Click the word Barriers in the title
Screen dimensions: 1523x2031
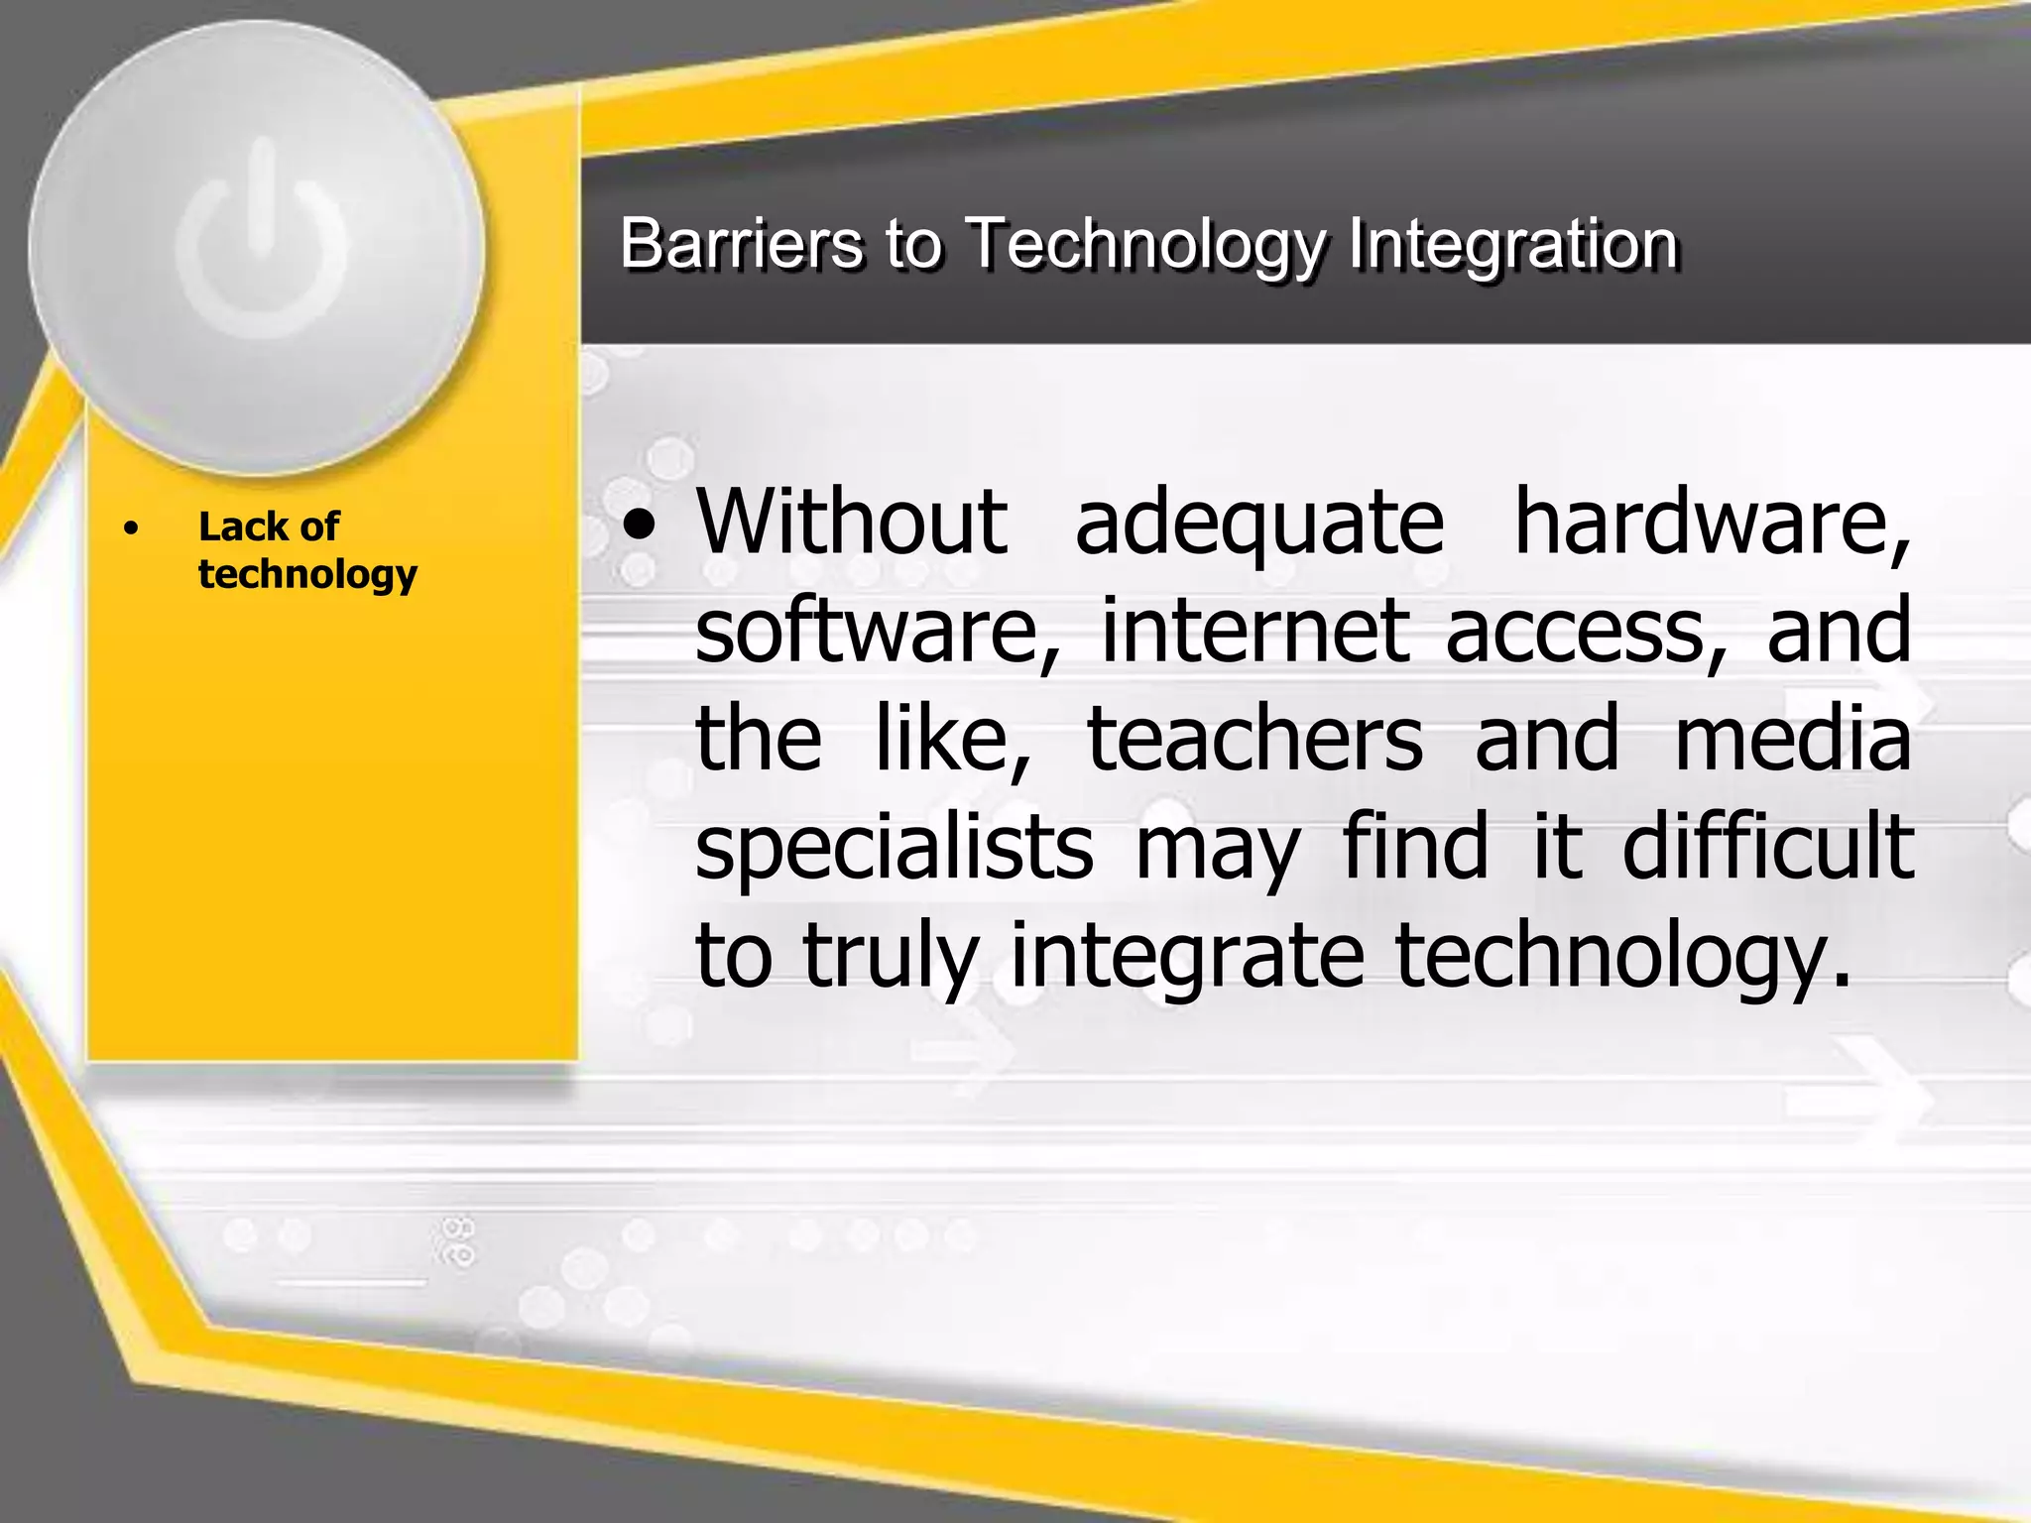(741, 243)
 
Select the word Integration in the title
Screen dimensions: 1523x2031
(1512, 243)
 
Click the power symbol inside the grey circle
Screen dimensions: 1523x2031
(262, 240)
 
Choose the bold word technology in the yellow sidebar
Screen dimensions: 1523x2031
(307, 574)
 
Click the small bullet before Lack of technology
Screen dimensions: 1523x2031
(131, 528)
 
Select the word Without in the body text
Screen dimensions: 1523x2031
(851, 522)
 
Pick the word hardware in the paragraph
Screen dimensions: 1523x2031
(1711, 524)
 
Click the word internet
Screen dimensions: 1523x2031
(1255, 631)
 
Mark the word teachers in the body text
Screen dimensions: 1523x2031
(1254, 739)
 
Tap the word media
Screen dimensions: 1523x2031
(1793, 739)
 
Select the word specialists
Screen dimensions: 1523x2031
(894, 850)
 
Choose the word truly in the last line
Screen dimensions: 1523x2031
(890, 957)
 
